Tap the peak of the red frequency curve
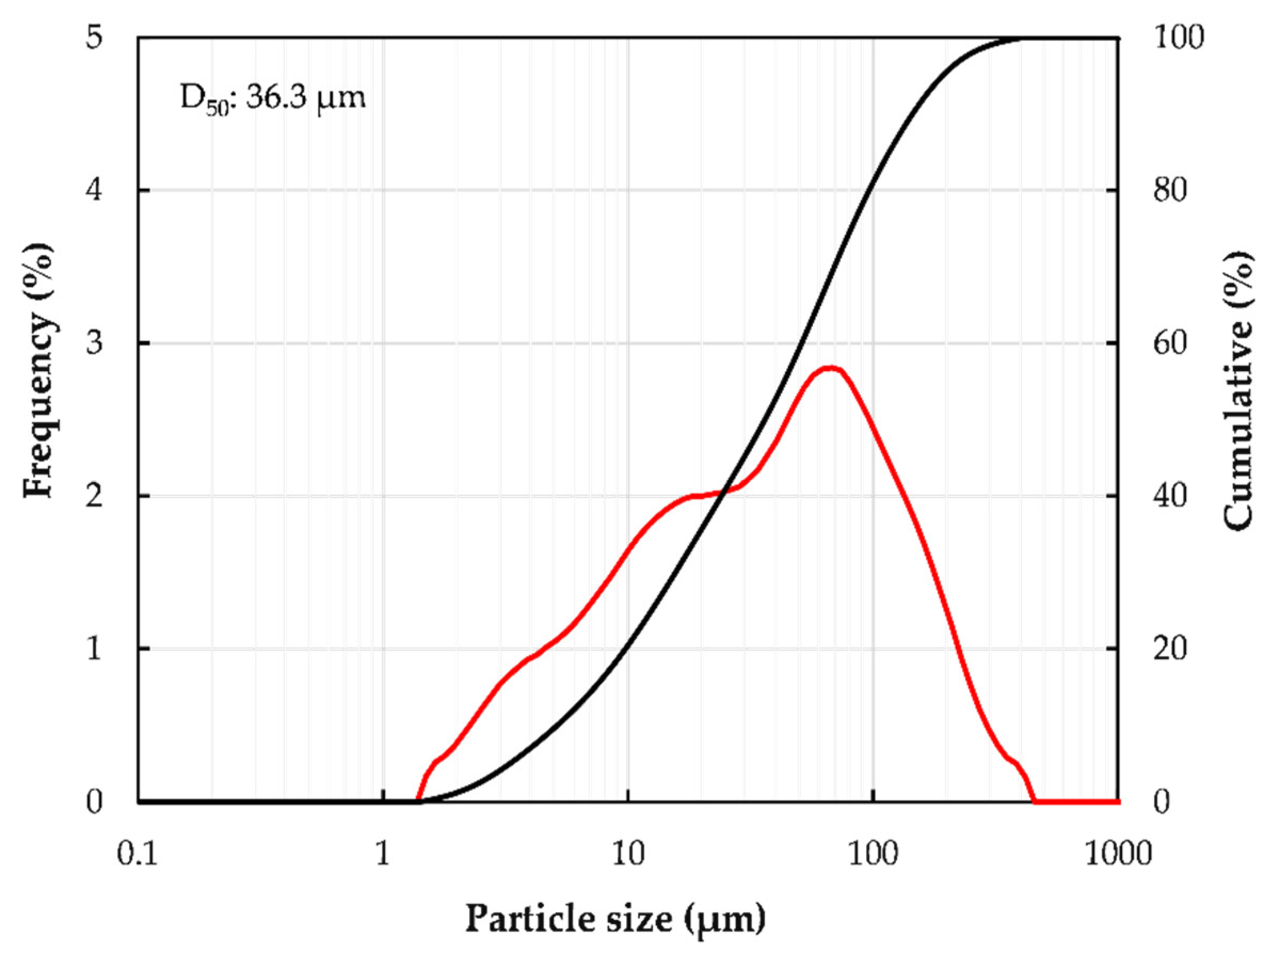(x=831, y=367)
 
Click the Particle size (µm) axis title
(x=615, y=919)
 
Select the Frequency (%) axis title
(x=39, y=372)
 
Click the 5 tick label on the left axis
(x=95, y=38)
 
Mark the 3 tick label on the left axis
(x=95, y=343)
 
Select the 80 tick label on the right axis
(x=1170, y=190)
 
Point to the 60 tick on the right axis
(x=1170, y=343)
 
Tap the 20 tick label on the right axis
(x=1170, y=649)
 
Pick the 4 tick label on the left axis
(x=95, y=190)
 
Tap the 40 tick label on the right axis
(x=1170, y=496)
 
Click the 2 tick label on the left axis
(x=95, y=496)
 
